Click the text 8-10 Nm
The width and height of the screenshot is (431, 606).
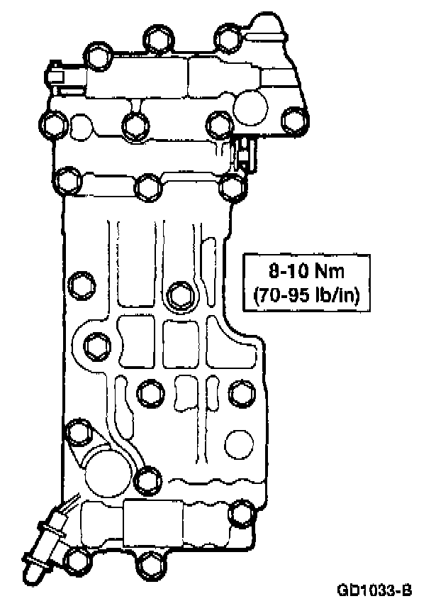(x=306, y=271)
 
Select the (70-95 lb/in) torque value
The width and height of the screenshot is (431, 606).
(x=307, y=296)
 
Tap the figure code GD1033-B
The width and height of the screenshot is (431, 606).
(x=374, y=590)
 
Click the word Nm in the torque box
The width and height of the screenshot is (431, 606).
(x=330, y=271)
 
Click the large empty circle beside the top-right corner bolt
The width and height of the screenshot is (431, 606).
(x=251, y=108)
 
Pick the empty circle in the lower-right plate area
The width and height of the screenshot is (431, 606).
(x=239, y=444)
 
